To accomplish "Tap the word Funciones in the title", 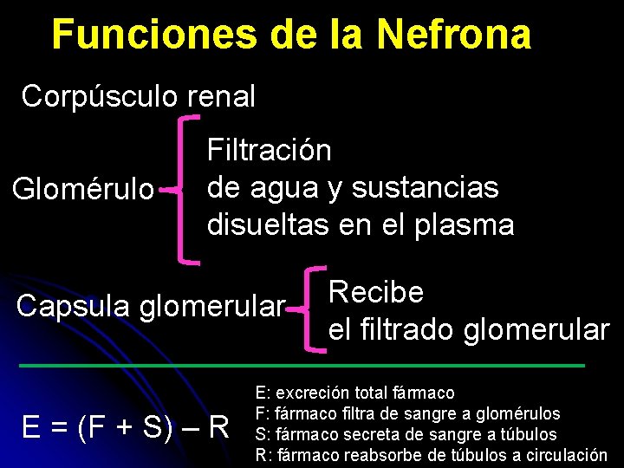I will click(153, 36).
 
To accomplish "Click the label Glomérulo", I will click(81, 188).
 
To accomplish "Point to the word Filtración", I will click(269, 150).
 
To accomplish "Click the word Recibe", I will click(376, 292).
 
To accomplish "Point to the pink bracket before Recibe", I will click(312, 308).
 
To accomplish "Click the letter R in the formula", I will click(218, 427).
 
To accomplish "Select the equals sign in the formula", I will click(59, 427).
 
